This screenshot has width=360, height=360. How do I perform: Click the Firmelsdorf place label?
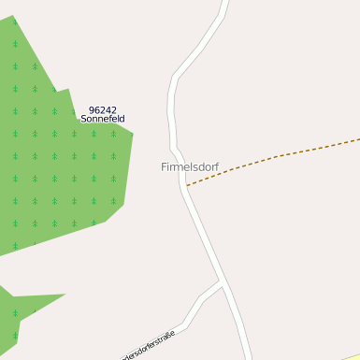coord(189,166)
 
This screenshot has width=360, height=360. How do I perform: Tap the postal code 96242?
coord(103,109)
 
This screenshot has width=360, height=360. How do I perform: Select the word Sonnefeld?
coord(103,120)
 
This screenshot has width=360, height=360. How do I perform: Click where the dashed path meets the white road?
coord(187,185)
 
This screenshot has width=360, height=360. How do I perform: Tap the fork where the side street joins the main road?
coord(222,281)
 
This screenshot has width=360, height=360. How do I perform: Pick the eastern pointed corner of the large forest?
coord(133,134)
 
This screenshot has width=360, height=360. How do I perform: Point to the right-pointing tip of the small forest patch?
coord(64,295)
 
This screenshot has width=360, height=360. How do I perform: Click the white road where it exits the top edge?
coord(224,3)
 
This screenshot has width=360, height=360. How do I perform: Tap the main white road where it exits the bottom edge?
coord(248,356)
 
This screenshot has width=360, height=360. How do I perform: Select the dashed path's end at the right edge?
coord(357,140)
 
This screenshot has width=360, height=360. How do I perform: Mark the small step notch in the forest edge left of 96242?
coord(69,91)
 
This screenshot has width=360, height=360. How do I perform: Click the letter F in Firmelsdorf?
coord(164,166)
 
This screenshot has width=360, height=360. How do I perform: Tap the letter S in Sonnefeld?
coord(83,120)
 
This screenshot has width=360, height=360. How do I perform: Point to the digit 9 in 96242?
coord(91,109)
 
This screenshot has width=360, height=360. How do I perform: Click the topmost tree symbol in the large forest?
coord(16,43)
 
